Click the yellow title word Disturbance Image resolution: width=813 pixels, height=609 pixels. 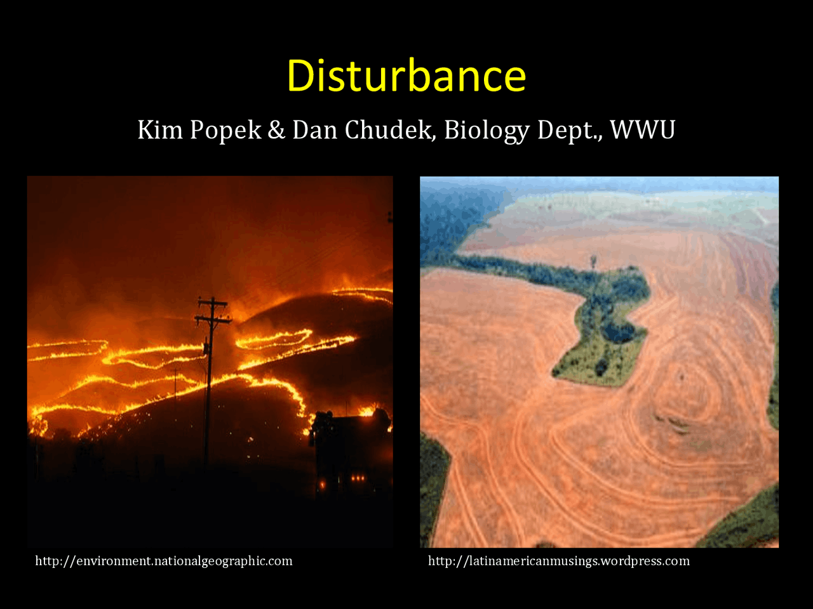[x=406, y=75]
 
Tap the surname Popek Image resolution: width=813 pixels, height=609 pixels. [x=225, y=130]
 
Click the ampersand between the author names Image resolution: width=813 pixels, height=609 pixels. [x=276, y=130]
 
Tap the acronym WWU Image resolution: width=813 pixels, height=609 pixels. [x=643, y=130]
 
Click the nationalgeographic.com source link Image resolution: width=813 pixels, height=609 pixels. [x=164, y=561]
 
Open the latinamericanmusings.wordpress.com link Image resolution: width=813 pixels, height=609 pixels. [x=559, y=561]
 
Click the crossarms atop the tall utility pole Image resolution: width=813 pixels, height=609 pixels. [x=213, y=311]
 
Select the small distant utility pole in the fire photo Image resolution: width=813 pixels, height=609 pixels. [x=176, y=381]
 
